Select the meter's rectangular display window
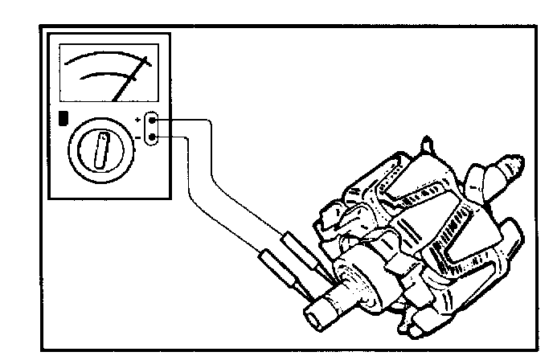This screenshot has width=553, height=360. (110, 72)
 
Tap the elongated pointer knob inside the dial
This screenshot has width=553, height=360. (102, 150)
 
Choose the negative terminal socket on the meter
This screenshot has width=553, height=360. (156, 137)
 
